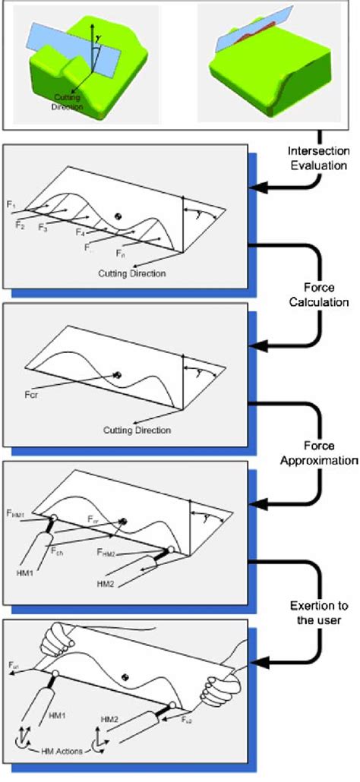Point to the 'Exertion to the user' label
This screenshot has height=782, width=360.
pos(319,612)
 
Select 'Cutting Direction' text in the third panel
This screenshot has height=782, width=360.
pos(137,430)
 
